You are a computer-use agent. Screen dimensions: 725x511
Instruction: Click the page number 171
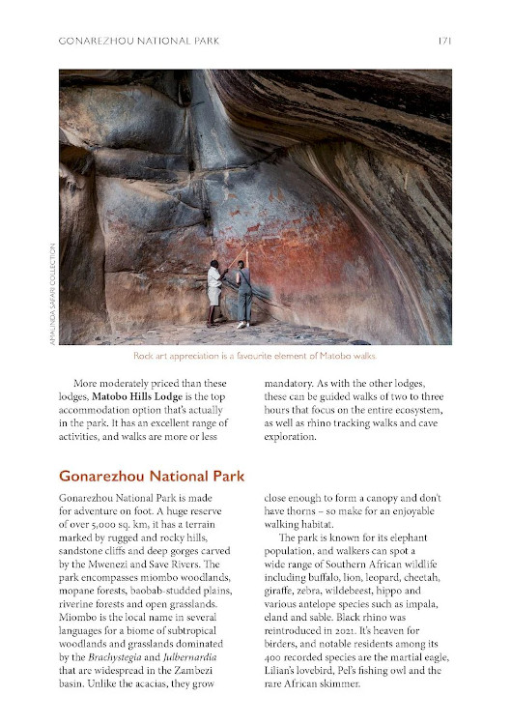pos(443,41)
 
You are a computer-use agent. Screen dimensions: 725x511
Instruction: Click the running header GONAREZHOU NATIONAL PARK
pos(139,41)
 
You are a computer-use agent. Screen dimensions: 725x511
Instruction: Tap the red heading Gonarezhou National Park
pos(152,476)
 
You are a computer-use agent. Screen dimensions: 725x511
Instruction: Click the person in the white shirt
pos(214,292)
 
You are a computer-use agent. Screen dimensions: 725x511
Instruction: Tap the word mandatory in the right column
pos(296,382)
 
